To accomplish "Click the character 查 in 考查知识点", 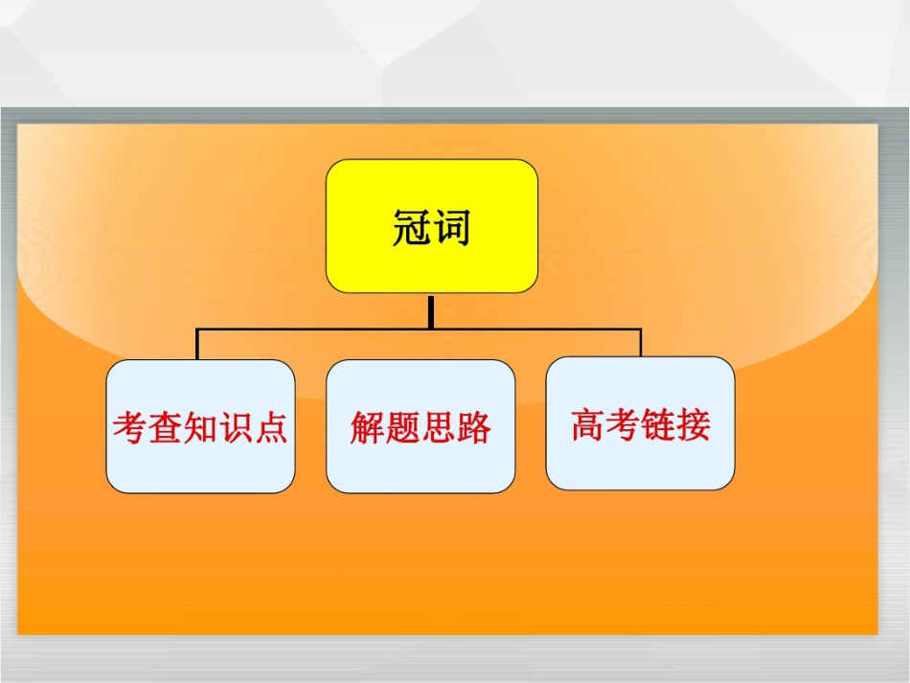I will pyautogui.click(x=165, y=427).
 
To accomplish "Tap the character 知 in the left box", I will pyautogui.click(x=200, y=427).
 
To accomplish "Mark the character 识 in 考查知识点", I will pyautogui.click(x=236, y=427).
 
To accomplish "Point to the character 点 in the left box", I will pyautogui.click(x=271, y=427).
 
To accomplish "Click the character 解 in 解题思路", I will pyautogui.click(x=367, y=427).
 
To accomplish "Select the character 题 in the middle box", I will pyautogui.click(x=402, y=427).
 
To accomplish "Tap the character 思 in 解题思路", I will pyautogui.click(x=438, y=427).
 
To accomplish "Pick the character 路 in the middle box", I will pyautogui.click(x=473, y=427).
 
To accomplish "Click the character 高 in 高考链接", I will pyautogui.click(x=588, y=424).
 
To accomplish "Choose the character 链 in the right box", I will pyautogui.click(x=659, y=424).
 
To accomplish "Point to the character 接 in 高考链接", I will pyautogui.click(x=694, y=424).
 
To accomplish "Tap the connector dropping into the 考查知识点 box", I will pyautogui.click(x=197, y=344).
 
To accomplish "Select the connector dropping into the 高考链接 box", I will pyautogui.click(x=641, y=342).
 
